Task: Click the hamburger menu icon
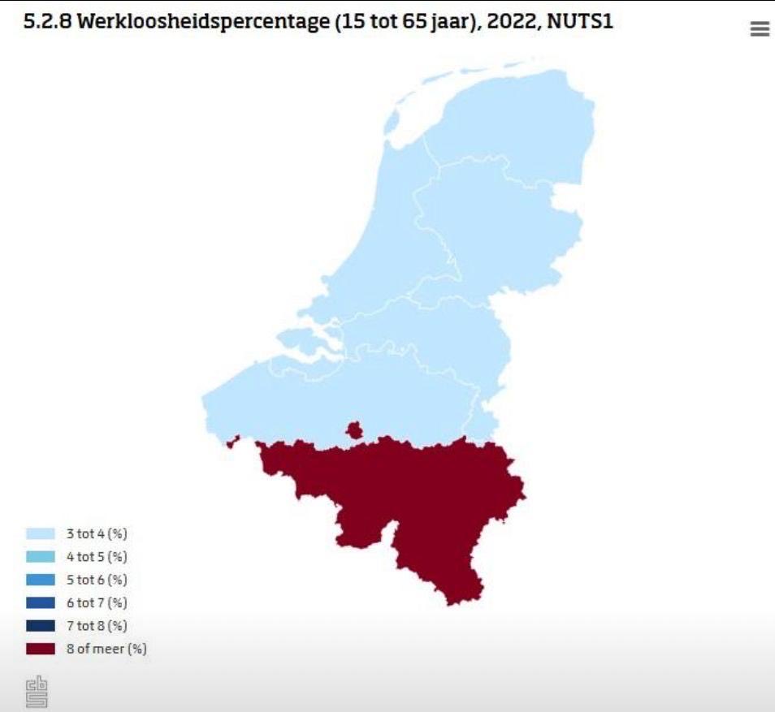coord(760,29)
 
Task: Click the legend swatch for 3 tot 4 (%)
coord(41,533)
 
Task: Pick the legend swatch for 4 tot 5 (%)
coord(41,557)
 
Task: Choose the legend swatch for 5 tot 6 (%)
coord(41,580)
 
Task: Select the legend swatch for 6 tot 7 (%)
coord(41,602)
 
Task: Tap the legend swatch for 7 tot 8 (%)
coord(41,626)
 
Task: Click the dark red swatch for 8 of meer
coord(41,649)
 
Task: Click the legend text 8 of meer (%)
coord(106,649)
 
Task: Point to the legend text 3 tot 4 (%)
coord(97,533)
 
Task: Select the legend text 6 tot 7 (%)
coord(97,602)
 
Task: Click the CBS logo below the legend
coord(37,692)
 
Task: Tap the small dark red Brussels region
coord(354,429)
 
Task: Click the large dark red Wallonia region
coord(414,495)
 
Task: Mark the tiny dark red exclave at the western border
coord(234,442)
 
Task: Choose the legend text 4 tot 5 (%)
coord(97,557)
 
